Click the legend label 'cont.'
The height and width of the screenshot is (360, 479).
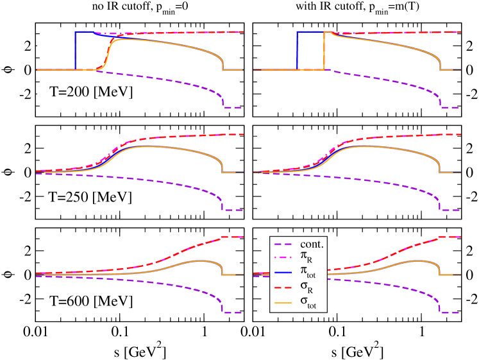tap(312, 244)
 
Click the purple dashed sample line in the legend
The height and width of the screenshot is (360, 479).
tap(284, 244)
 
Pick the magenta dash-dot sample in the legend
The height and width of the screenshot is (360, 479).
tap(284, 259)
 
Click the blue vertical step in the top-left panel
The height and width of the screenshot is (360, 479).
tap(75, 51)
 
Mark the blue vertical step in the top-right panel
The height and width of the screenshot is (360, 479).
tap(297, 51)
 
